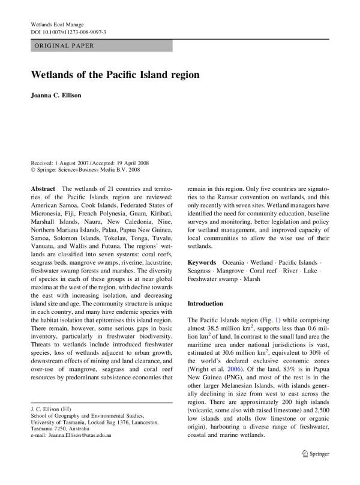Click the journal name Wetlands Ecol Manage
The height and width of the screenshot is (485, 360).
57,25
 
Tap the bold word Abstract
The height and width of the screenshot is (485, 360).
43,188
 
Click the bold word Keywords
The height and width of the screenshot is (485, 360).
202,263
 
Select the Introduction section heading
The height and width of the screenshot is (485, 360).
205,304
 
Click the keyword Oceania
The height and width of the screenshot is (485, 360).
233,263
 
